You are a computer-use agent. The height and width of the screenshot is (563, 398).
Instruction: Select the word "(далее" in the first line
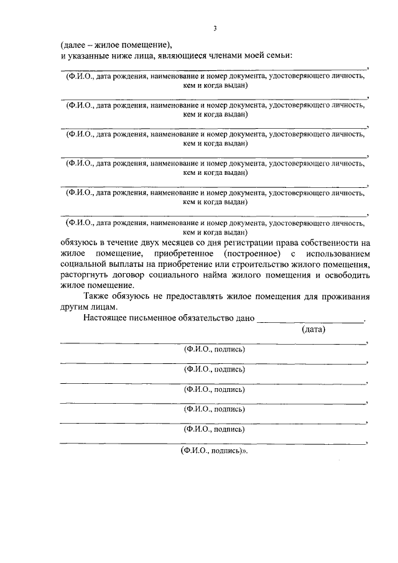[73, 45]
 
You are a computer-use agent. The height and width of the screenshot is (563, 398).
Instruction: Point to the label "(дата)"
[313, 330]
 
